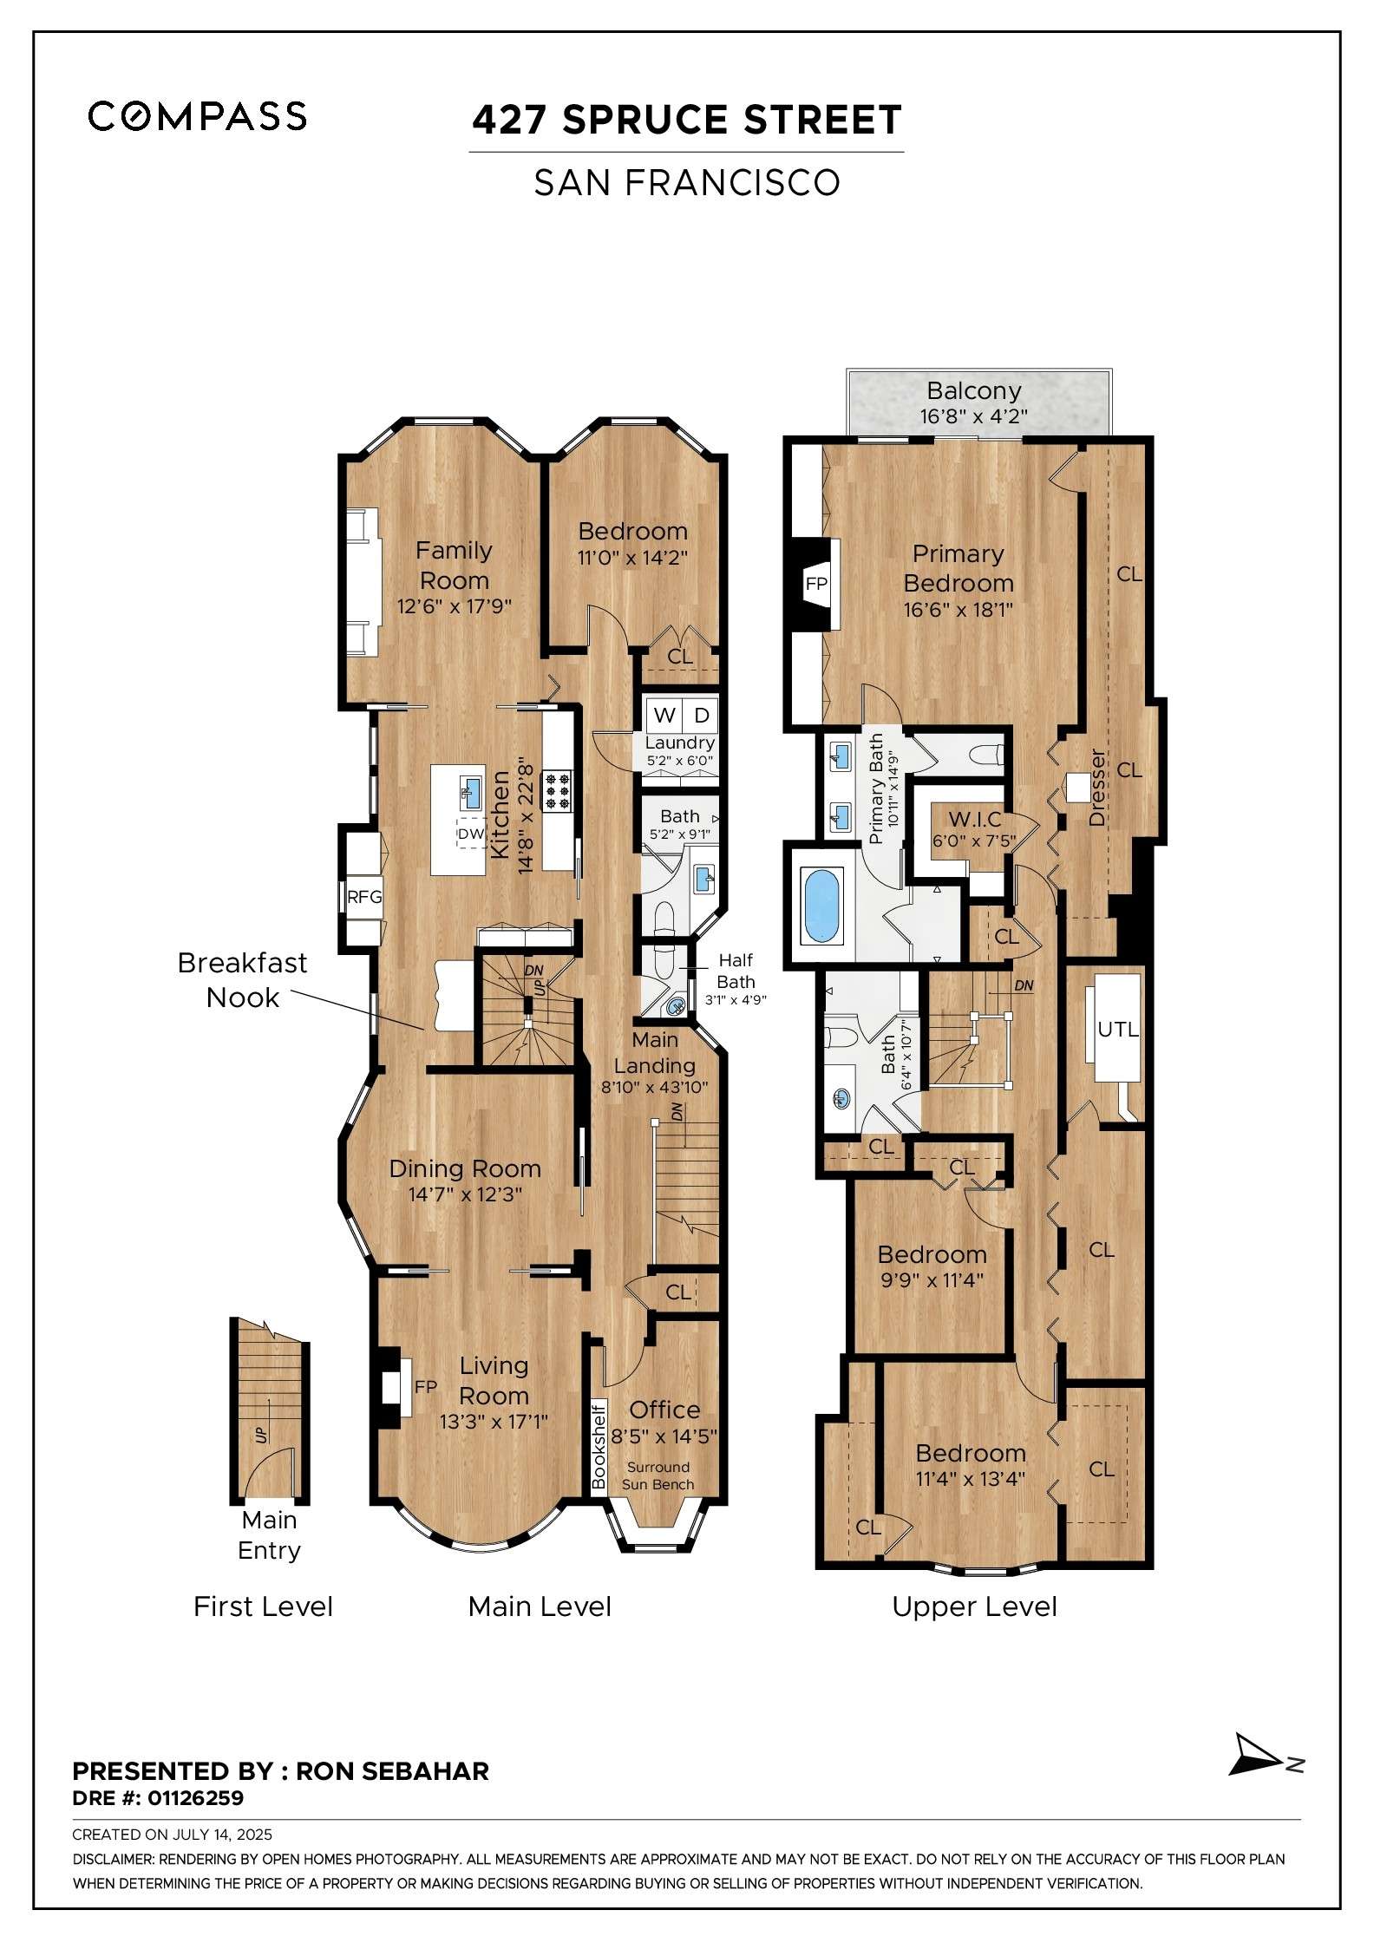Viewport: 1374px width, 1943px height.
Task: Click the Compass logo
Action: coord(197,115)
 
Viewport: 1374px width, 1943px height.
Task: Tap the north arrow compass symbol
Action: coord(1257,1756)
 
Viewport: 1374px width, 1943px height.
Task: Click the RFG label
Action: coord(364,897)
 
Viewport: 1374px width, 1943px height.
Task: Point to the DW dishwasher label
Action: coord(471,834)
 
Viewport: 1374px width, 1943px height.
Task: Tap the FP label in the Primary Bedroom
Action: coord(816,584)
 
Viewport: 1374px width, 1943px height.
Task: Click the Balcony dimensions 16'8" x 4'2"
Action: coord(973,416)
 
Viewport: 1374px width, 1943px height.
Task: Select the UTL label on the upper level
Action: coord(1117,1030)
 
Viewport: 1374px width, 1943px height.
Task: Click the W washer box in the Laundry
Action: coord(664,715)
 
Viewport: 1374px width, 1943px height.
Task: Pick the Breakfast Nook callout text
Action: coord(242,979)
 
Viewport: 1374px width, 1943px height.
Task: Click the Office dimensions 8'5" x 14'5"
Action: coord(664,1436)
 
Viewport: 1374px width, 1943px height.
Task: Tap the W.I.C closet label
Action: coord(975,820)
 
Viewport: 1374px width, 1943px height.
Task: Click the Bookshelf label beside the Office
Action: coord(598,1446)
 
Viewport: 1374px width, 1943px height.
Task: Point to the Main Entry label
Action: coord(269,1534)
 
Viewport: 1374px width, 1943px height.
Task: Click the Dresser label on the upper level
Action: coord(1097,788)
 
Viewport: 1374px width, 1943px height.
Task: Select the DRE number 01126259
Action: coord(195,1797)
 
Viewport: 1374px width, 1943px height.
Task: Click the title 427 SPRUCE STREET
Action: coord(686,120)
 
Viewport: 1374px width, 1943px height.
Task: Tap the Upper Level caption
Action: coord(974,1606)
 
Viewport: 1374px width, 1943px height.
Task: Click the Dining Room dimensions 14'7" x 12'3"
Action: coord(465,1194)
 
